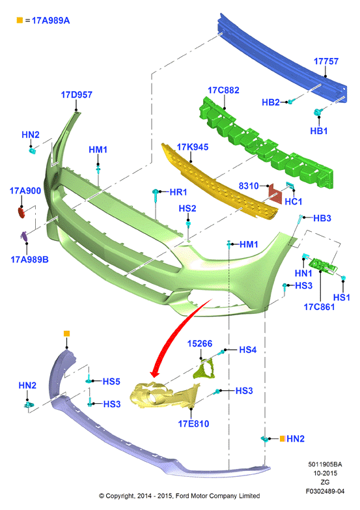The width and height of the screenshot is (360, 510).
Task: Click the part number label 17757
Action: tap(326, 61)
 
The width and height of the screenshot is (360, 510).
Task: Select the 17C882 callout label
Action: tap(223, 90)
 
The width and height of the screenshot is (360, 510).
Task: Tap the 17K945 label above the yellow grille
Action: tap(193, 147)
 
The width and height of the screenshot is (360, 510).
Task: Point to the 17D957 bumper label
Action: tap(76, 94)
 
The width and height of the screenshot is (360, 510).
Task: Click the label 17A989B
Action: tap(29, 259)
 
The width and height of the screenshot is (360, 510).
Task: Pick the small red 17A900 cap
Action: tap(21, 213)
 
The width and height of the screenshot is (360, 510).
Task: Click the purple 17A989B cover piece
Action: tap(24, 236)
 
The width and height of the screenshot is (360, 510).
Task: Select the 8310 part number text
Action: tap(249, 186)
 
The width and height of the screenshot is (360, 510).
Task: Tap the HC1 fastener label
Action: tap(294, 202)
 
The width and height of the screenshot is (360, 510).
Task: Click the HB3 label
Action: tap(322, 218)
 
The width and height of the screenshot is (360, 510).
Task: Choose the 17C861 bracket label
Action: tap(319, 307)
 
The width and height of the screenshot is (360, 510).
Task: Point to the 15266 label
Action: tap(200, 343)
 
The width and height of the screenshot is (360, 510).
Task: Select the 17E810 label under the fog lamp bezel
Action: tap(193, 423)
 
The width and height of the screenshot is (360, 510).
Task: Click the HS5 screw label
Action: tap(111, 381)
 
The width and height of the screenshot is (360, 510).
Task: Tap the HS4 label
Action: tap(247, 350)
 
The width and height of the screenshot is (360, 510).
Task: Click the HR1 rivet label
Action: tap(178, 192)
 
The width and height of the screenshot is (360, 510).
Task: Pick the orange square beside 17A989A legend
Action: tap(20, 20)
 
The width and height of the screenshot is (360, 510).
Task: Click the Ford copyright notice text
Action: tap(180, 496)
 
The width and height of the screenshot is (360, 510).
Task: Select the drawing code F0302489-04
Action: tap(325, 491)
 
